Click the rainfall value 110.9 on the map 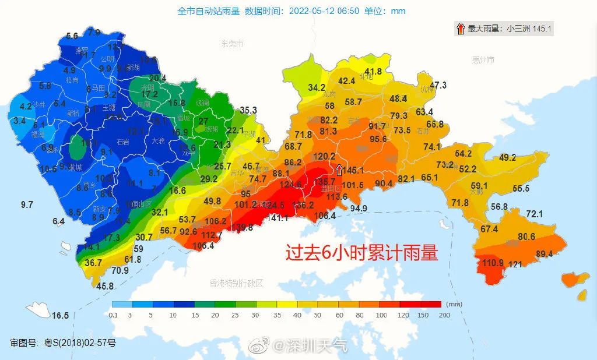coord(493,263)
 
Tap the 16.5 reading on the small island coord(60,316)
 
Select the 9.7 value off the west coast coord(27,204)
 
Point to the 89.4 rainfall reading coord(544,253)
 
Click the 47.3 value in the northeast coord(438,85)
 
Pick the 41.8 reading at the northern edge coord(373,72)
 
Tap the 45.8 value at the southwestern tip coord(105,286)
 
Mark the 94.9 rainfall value coord(359,208)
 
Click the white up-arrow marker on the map coord(339,170)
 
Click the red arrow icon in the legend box coord(460,28)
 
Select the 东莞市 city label coord(232,44)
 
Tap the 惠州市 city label coord(483,60)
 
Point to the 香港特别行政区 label coord(236,283)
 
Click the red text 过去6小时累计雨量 coord(361,252)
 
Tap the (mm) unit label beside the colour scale coord(454,303)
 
